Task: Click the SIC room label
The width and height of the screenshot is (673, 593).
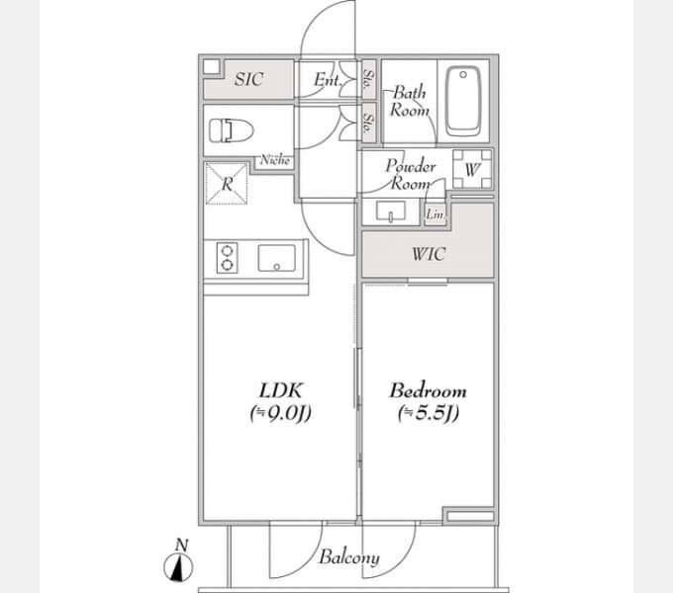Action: pyautogui.click(x=248, y=80)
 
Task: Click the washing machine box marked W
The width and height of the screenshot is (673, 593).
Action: pyautogui.click(x=472, y=168)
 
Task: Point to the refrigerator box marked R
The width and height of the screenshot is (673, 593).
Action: pyautogui.click(x=226, y=184)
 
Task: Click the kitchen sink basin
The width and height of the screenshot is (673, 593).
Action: pyautogui.click(x=276, y=259)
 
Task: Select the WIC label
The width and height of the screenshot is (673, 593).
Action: pyautogui.click(x=429, y=255)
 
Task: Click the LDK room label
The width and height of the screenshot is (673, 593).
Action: pyautogui.click(x=280, y=390)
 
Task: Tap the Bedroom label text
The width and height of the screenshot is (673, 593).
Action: pyautogui.click(x=428, y=390)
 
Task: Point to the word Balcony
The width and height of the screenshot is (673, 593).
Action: pyautogui.click(x=348, y=557)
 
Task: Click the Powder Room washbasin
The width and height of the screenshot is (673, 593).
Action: pyautogui.click(x=393, y=212)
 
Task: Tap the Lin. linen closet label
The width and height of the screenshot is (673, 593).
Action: pyautogui.click(x=433, y=213)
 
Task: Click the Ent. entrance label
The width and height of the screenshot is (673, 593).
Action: pyautogui.click(x=327, y=80)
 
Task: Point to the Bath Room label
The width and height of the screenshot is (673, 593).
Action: pyautogui.click(x=410, y=101)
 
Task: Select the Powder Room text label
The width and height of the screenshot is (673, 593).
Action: pyautogui.click(x=410, y=175)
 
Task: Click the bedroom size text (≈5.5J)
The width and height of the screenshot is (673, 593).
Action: pyautogui.click(x=428, y=414)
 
